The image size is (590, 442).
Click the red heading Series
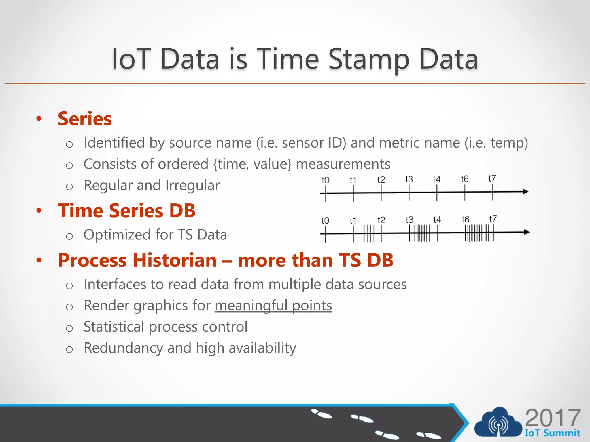pos(85,119)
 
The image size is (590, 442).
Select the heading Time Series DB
pos(126,211)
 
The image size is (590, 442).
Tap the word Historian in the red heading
pos(175,260)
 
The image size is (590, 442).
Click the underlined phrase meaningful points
pos(273,305)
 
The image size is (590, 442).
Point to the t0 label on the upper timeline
pos(325,180)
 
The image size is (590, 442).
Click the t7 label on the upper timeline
pos(492,178)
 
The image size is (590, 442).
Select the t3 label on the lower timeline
pos(409,220)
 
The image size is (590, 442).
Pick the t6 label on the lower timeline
pos(465,219)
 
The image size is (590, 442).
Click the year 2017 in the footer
pos(553,418)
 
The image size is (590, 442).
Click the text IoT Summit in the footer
pos(552,433)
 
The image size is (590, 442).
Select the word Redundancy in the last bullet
pos(123,348)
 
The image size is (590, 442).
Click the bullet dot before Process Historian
pos(39,260)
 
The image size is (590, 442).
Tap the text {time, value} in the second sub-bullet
pos(252,164)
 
